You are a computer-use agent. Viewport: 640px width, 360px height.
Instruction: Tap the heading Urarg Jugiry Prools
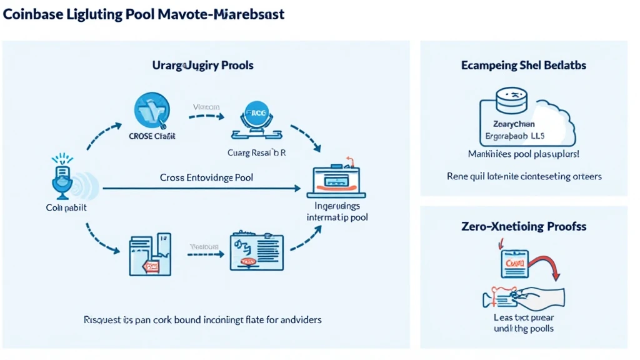(202, 65)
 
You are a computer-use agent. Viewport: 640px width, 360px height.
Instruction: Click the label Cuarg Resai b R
(256, 152)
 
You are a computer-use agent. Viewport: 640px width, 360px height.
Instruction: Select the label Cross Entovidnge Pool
(206, 177)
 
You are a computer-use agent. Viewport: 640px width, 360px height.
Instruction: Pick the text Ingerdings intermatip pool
(337, 211)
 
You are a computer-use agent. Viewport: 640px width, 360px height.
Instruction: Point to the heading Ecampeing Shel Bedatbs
(523, 65)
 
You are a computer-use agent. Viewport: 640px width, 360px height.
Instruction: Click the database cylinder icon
(512, 101)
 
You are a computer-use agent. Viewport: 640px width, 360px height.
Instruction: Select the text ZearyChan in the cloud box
(514, 124)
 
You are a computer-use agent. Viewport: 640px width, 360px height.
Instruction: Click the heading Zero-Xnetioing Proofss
(523, 226)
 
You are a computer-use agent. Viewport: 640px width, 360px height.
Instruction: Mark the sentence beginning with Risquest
(202, 319)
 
